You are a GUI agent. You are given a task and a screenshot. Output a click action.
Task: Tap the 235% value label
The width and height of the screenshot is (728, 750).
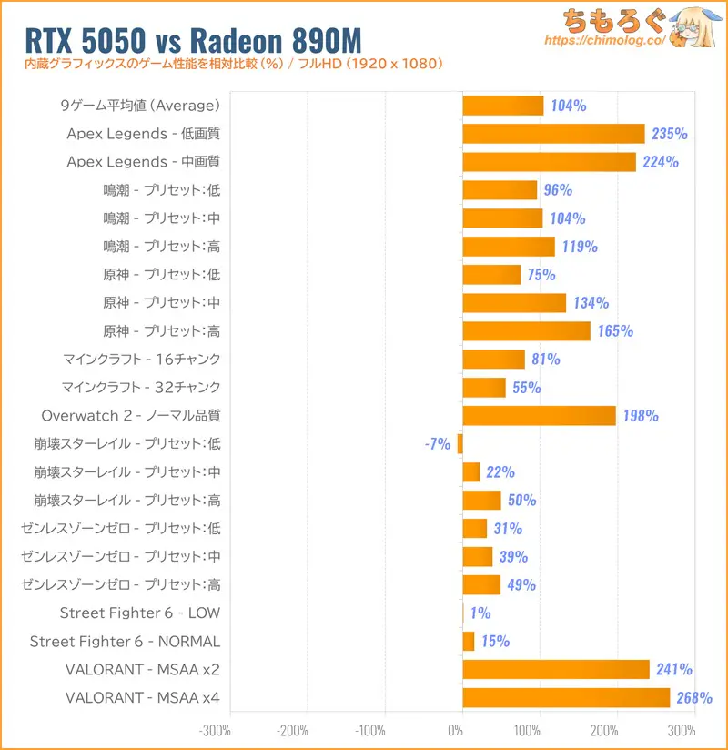pyautogui.click(x=670, y=134)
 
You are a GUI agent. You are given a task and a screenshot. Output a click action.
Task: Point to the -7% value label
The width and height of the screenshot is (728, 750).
pyautogui.click(x=437, y=444)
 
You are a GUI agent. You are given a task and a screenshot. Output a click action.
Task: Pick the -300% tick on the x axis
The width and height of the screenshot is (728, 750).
pyautogui.click(x=215, y=730)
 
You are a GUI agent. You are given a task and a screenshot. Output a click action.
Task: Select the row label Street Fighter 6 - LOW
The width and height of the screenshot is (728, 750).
pyautogui.click(x=140, y=613)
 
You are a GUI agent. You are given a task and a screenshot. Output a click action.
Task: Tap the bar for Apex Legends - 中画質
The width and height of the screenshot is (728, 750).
pyautogui.click(x=549, y=162)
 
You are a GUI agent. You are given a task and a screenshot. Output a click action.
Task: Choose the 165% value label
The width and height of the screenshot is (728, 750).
pyautogui.click(x=615, y=331)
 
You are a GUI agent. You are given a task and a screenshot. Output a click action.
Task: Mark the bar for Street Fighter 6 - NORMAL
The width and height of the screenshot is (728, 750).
pyautogui.click(x=469, y=642)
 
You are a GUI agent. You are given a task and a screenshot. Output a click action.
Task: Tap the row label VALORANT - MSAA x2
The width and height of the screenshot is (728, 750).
pyautogui.click(x=143, y=670)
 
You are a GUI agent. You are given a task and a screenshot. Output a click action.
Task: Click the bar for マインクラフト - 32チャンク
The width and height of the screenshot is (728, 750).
pyautogui.click(x=484, y=388)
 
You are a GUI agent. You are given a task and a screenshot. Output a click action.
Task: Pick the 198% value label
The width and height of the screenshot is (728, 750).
pyautogui.click(x=641, y=416)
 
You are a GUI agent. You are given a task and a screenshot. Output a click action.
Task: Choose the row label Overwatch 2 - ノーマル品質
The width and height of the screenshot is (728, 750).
pyautogui.click(x=131, y=416)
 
